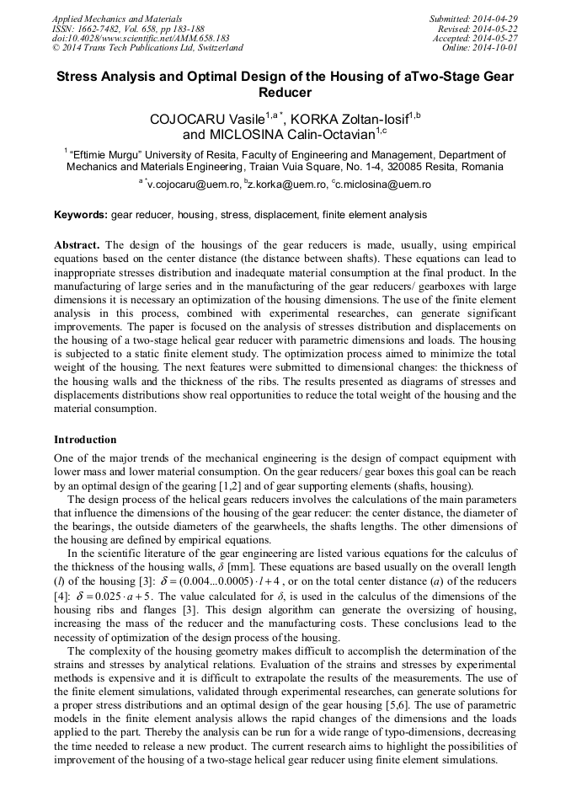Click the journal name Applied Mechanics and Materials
coord(116,18)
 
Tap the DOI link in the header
coord(141,38)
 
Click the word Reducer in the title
coord(285,93)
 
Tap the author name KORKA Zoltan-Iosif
coord(349,119)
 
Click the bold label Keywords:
coord(81,215)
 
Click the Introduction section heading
coord(85,439)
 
